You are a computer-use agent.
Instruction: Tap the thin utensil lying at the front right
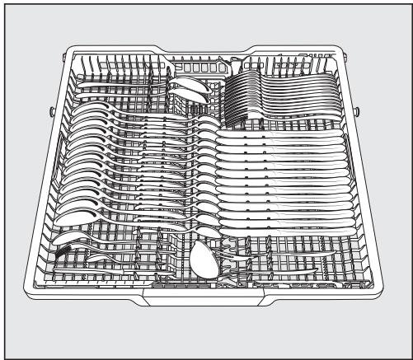point(289,269)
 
